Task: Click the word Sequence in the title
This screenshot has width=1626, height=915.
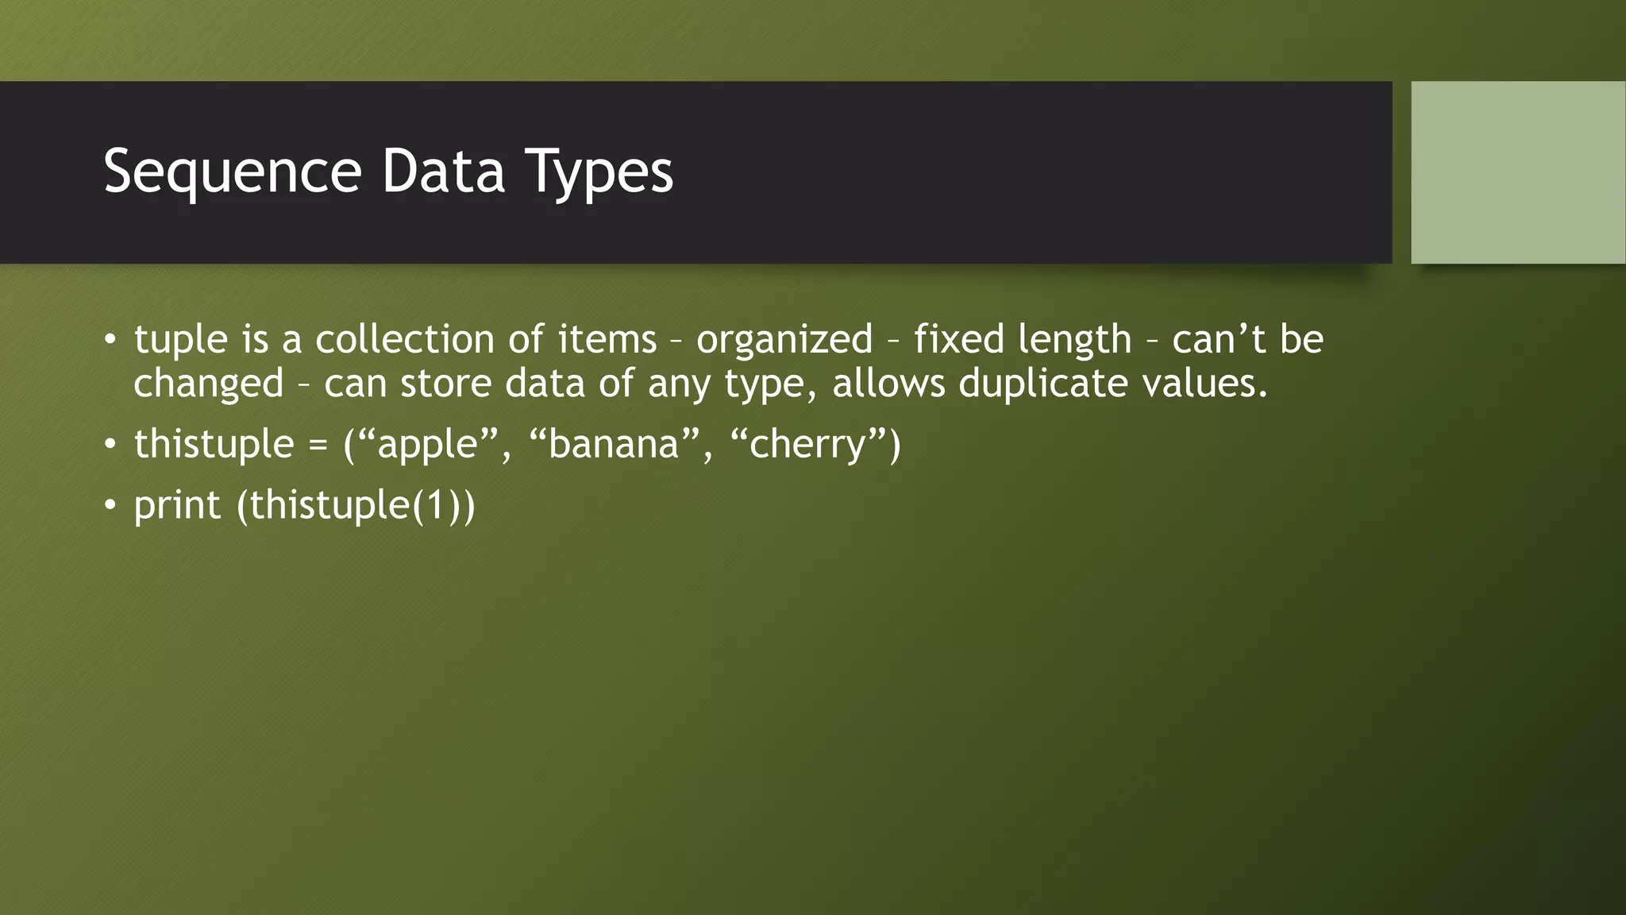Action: point(233,172)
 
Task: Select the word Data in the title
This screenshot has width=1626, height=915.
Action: point(443,171)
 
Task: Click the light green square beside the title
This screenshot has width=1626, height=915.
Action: point(1518,172)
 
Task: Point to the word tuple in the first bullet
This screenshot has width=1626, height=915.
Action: point(181,340)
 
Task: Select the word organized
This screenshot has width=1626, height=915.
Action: point(784,340)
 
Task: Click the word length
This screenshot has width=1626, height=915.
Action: point(1074,340)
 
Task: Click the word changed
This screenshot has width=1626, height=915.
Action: point(208,384)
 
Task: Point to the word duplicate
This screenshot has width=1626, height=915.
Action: point(1043,384)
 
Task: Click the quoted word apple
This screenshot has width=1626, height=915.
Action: point(428,445)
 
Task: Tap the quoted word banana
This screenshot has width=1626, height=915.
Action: point(614,444)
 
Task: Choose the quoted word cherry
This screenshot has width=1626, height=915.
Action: point(807,445)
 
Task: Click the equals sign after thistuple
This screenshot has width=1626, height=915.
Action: point(318,445)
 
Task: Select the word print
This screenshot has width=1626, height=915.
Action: point(177,506)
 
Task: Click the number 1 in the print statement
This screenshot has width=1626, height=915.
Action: point(437,505)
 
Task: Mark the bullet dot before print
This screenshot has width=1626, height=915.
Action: point(110,505)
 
